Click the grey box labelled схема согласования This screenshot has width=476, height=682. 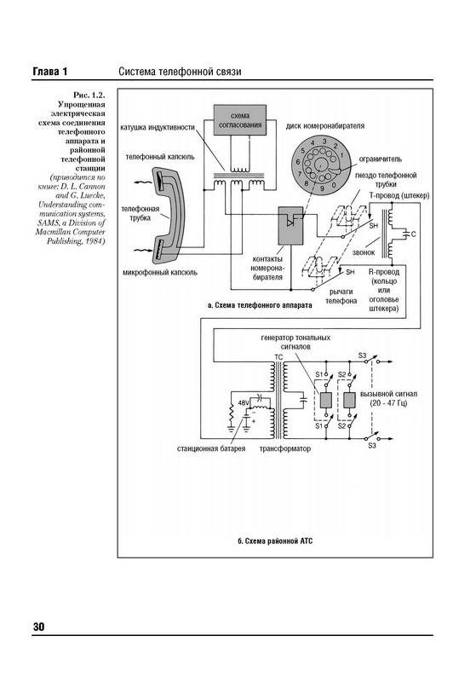tap(240, 120)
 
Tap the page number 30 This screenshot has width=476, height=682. tap(38, 627)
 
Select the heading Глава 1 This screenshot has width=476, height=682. tap(50, 72)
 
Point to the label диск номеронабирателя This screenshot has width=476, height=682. tap(325, 126)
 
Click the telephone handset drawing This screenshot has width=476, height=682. tap(167, 215)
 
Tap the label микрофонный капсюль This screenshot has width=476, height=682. tap(160, 273)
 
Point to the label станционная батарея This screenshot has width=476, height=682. tap(211, 448)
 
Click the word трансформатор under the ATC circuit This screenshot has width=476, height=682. tap(285, 448)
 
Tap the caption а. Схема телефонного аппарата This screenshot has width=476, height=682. tap(260, 305)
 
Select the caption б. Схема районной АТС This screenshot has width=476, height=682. tap(275, 541)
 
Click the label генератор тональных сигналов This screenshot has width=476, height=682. tap(295, 343)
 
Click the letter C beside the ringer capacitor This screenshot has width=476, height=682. tap(414, 234)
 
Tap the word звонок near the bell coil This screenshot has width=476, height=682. tap(364, 252)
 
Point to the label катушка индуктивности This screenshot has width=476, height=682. tap(157, 128)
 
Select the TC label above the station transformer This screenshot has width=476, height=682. tap(278, 357)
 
